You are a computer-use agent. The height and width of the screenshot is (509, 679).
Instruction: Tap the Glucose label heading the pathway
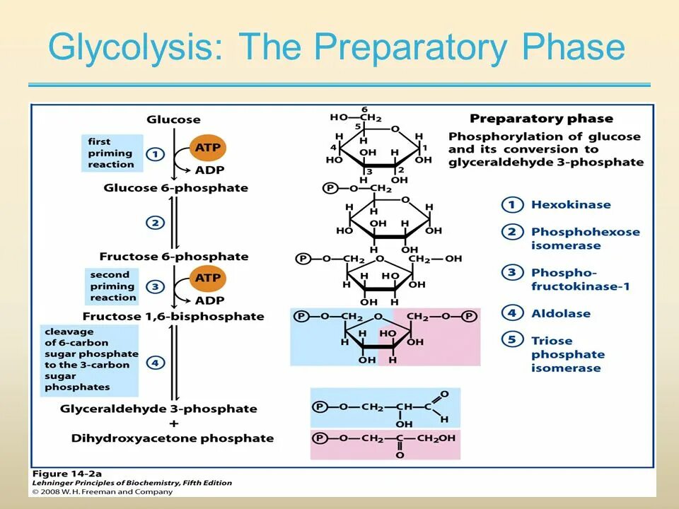173,119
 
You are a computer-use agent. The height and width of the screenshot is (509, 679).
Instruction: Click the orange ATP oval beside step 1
207,148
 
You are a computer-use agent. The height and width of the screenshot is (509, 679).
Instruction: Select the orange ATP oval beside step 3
207,279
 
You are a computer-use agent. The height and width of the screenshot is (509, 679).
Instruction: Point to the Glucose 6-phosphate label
175,188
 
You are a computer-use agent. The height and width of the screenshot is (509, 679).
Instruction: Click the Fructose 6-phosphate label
174,257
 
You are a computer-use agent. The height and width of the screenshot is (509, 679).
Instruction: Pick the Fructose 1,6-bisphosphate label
173,317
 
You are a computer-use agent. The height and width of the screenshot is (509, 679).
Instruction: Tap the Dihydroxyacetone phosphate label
172,438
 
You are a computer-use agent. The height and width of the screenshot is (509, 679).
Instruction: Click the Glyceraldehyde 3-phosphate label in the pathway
158,409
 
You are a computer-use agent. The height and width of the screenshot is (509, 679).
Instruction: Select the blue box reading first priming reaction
111,153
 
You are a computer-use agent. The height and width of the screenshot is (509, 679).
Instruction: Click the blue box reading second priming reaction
112,286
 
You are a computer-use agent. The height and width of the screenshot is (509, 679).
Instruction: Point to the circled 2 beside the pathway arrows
155,223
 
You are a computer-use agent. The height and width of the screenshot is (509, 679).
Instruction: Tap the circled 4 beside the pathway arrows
155,363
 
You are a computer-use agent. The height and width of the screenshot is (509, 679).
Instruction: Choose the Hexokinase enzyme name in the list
570,205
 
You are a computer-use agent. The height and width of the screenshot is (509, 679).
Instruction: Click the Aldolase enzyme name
560,313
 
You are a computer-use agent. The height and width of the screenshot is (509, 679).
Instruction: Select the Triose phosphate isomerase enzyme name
567,354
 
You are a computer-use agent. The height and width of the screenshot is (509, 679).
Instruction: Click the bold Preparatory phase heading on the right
541,119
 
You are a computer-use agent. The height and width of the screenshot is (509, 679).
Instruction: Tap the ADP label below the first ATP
209,170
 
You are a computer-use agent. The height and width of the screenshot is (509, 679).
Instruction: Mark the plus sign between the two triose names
174,423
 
